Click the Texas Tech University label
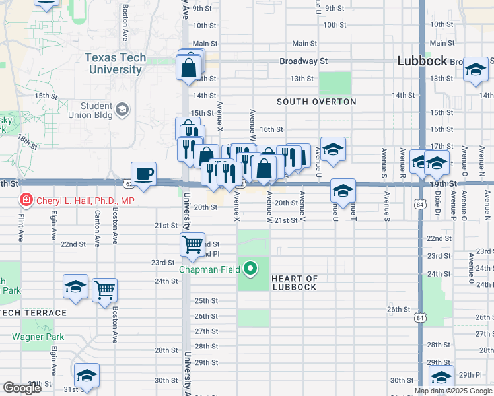tap(115, 63)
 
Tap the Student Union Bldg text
tap(96, 110)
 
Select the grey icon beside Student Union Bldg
tap(122, 109)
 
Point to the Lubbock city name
tap(423, 61)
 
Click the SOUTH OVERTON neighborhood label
tap(316, 102)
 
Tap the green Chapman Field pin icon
tap(250, 268)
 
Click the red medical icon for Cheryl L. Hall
tap(26, 199)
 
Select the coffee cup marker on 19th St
tap(144, 174)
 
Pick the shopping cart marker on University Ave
tap(192, 244)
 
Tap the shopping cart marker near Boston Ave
tap(104, 289)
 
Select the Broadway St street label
tap(304, 61)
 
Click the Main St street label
tap(304, 44)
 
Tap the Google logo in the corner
tap(22, 388)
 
